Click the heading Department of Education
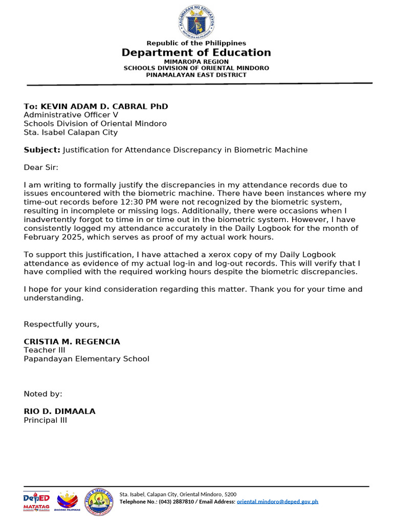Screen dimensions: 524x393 (196, 53)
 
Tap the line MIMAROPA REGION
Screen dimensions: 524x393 (196, 62)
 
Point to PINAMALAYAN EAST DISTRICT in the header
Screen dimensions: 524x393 (196, 75)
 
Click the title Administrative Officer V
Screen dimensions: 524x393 (71, 115)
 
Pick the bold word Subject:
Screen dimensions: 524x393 (42, 150)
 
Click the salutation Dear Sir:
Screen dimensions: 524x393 (41, 167)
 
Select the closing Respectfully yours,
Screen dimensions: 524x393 (61, 324)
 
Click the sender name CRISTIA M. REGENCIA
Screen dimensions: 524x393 (72, 341)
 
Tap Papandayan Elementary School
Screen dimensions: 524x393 (86, 359)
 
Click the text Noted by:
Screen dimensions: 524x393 (43, 394)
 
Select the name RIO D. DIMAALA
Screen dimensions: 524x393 (59, 411)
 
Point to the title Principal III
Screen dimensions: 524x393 (46, 420)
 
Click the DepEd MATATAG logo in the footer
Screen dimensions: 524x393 (36, 501)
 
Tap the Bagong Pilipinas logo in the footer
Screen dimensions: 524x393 (67, 501)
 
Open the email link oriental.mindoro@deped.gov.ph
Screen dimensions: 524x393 (277, 501)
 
